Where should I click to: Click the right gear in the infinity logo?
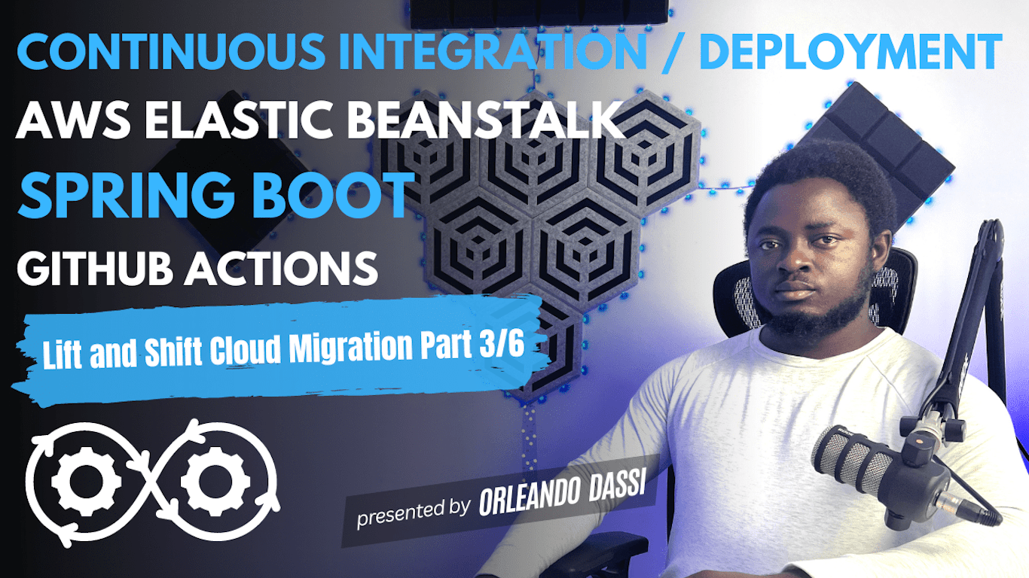click(215, 478)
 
